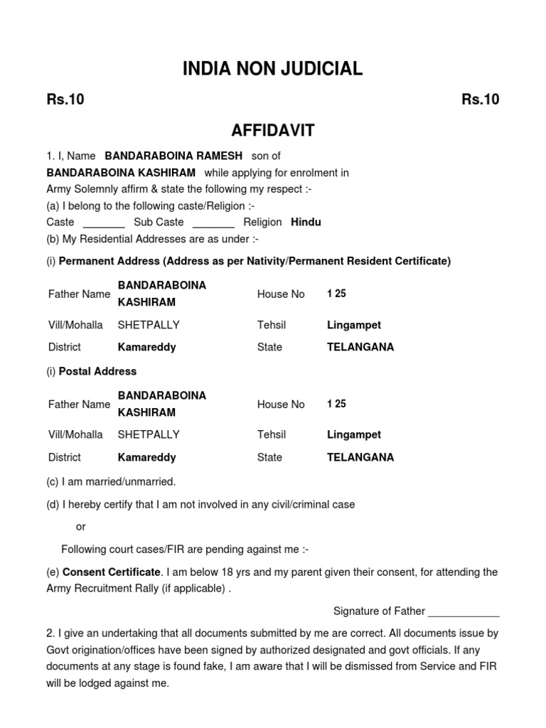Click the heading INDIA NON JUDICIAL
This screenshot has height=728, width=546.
pos(273,69)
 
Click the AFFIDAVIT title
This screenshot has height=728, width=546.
pos(273,131)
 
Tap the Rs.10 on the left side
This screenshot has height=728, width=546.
pos(65,100)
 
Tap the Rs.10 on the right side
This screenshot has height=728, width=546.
pos(481,100)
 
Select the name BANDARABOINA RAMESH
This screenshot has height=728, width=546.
pos(173,156)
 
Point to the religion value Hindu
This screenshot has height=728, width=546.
pos(306,223)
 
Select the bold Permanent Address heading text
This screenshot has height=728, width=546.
pos(255,261)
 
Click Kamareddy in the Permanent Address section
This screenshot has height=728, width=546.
pos(146,348)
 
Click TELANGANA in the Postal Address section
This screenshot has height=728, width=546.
pos(360,458)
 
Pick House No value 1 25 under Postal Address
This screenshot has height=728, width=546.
pos(336,404)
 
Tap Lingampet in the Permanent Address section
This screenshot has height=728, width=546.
pos(354,325)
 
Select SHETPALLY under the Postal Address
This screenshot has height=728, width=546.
pos(149,434)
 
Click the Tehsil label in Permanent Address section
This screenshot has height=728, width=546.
pos(272,325)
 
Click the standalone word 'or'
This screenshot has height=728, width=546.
pos(80,527)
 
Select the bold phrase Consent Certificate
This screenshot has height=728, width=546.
pos(112,572)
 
